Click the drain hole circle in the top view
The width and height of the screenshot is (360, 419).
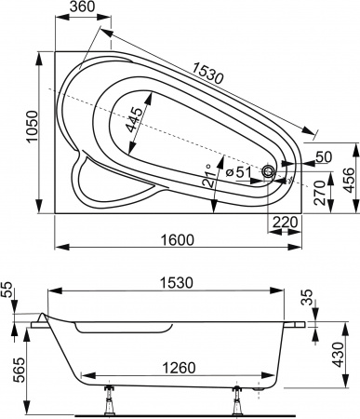click(269, 172)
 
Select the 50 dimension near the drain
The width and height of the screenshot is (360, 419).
click(323, 155)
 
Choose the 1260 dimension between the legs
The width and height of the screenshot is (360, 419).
click(177, 365)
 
